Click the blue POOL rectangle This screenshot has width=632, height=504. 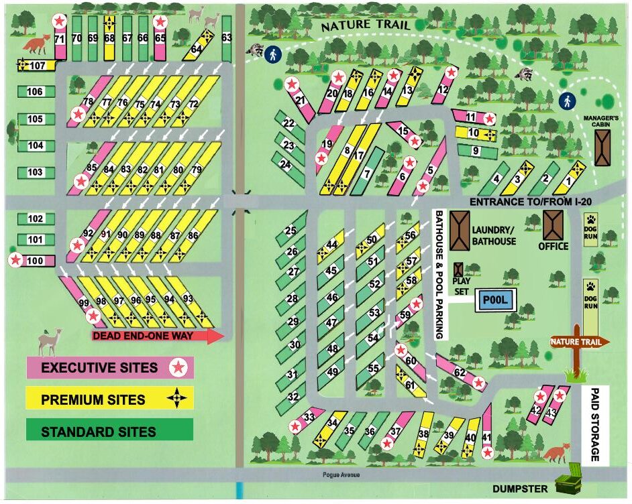pyautogui.click(x=495, y=300)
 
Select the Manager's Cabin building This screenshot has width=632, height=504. pyautogui.click(x=602, y=147)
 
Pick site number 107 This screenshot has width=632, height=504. pyautogui.click(x=35, y=66)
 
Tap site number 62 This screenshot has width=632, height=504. pyautogui.click(x=460, y=373)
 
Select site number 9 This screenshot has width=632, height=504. pyautogui.click(x=475, y=151)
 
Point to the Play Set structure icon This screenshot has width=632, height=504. pyautogui.click(x=459, y=269)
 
